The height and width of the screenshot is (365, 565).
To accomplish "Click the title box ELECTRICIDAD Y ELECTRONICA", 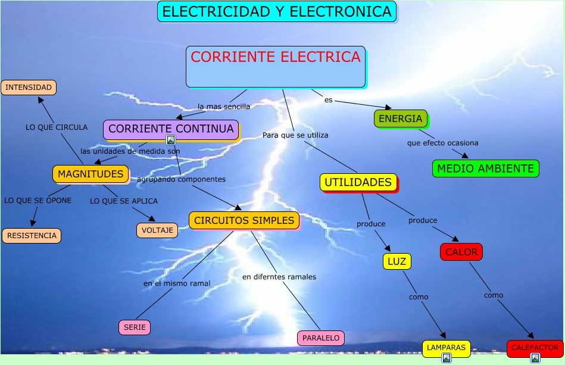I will [277, 11].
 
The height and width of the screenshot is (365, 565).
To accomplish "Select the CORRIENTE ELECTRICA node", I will [276, 66].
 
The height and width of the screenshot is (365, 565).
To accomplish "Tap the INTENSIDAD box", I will [29, 88].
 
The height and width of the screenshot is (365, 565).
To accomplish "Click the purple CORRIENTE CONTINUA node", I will [171, 129].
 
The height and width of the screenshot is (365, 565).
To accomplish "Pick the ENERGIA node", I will [400, 118].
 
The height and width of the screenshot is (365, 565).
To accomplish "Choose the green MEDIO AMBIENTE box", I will [485, 169].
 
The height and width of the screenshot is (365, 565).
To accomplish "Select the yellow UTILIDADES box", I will [358, 182].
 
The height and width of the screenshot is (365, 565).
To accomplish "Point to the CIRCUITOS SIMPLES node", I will [244, 220].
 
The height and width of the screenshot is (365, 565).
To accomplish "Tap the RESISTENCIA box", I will [32, 236].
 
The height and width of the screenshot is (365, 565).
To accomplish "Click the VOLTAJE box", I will [157, 230].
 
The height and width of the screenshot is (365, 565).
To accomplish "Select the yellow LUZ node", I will [397, 261].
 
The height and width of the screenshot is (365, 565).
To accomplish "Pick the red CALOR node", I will [461, 252].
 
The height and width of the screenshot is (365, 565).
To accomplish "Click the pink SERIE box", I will [135, 327].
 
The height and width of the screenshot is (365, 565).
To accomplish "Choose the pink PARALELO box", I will [321, 338].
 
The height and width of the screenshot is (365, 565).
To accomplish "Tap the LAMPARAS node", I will [447, 347].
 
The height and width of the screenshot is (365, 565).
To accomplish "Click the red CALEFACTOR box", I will [535, 347].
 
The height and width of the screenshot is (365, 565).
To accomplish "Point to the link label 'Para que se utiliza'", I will [295, 135].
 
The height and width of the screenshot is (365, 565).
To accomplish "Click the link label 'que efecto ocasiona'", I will [442, 143].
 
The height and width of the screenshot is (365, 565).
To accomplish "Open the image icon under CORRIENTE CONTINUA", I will [171, 140].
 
